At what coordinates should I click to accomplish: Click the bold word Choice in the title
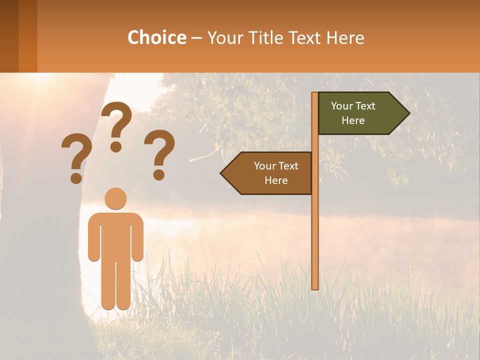(156, 38)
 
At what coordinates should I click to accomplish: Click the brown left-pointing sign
(267, 173)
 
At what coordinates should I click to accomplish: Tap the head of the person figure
(115, 198)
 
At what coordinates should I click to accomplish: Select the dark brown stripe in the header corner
(9, 36)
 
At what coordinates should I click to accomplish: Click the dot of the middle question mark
(116, 146)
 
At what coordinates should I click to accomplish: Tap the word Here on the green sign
(353, 120)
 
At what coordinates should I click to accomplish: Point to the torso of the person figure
(115, 235)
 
